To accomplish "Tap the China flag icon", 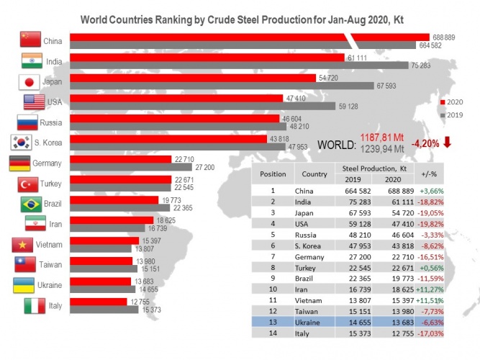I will point(31,40).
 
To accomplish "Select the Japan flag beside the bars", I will point(31,81).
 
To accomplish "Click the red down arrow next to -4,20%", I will point(447,143).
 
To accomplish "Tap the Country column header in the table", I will point(314,174).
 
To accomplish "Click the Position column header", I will point(273,174).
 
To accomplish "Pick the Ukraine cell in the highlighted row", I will point(311,322).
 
